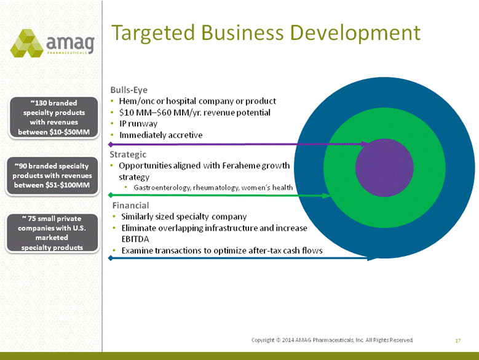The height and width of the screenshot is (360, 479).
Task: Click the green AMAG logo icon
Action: pyautogui.click(x=26, y=43)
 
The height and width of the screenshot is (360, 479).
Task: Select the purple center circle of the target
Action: pyautogui.click(x=384, y=167)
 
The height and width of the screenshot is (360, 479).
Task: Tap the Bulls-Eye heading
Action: pyautogui.click(x=129, y=90)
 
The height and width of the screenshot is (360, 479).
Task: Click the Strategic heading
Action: pyautogui.click(x=128, y=154)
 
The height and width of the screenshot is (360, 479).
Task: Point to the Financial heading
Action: pyautogui.click(x=131, y=206)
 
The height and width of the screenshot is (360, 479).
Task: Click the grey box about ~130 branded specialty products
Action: pyautogui.click(x=53, y=118)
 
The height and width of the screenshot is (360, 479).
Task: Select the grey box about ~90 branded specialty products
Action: pyautogui.click(x=52, y=175)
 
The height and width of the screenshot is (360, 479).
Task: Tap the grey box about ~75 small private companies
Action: pyautogui.click(x=52, y=233)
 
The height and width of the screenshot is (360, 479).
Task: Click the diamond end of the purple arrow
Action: pyautogui.click(x=111, y=144)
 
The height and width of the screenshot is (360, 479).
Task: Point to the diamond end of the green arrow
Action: pyautogui.click(x=111, y=195)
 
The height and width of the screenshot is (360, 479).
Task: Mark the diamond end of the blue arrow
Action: pyautogui.click(x=111, y=258)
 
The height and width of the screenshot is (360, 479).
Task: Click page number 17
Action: pyautogui.click(x=457, y=340)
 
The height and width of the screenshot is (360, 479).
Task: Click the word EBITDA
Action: pyautogui.click(x=135, y=239)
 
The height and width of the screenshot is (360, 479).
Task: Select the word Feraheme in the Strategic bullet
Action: pyautogui.click(x=241, y=166)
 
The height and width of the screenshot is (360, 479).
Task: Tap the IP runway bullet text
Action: pyautogui.click(x=138, y=124)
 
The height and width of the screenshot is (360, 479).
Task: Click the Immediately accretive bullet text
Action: pyautogui.click(x=161, y=135)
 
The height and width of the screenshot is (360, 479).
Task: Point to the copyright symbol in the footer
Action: pyautogui.click(x=278, y=340)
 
